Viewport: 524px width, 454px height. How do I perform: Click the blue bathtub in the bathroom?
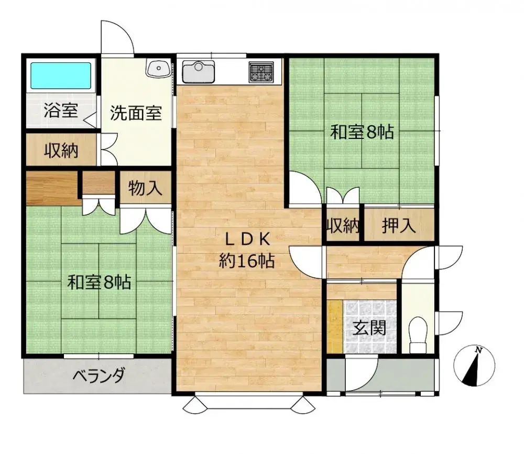60,75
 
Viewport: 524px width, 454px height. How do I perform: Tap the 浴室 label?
61,111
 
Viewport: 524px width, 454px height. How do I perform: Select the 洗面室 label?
135,113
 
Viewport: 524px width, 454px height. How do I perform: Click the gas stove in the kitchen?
260,71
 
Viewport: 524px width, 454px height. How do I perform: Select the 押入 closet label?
399,225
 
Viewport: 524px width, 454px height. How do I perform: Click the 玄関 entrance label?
369,328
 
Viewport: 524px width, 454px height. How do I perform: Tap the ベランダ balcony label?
99,375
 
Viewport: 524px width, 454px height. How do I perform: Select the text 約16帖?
246,260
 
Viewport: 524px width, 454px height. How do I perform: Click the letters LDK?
247,239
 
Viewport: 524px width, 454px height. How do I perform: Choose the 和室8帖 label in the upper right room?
362,132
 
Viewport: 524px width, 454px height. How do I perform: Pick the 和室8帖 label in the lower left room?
99,283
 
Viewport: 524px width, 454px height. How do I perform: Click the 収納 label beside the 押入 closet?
343,226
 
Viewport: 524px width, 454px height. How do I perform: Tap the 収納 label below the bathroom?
61,151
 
